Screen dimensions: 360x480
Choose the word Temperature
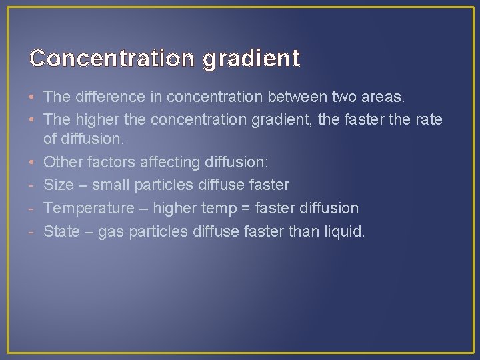tap(89, 209)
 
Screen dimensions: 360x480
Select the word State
tap(61, 231)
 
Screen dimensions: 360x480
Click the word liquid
tap(343, 231)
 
